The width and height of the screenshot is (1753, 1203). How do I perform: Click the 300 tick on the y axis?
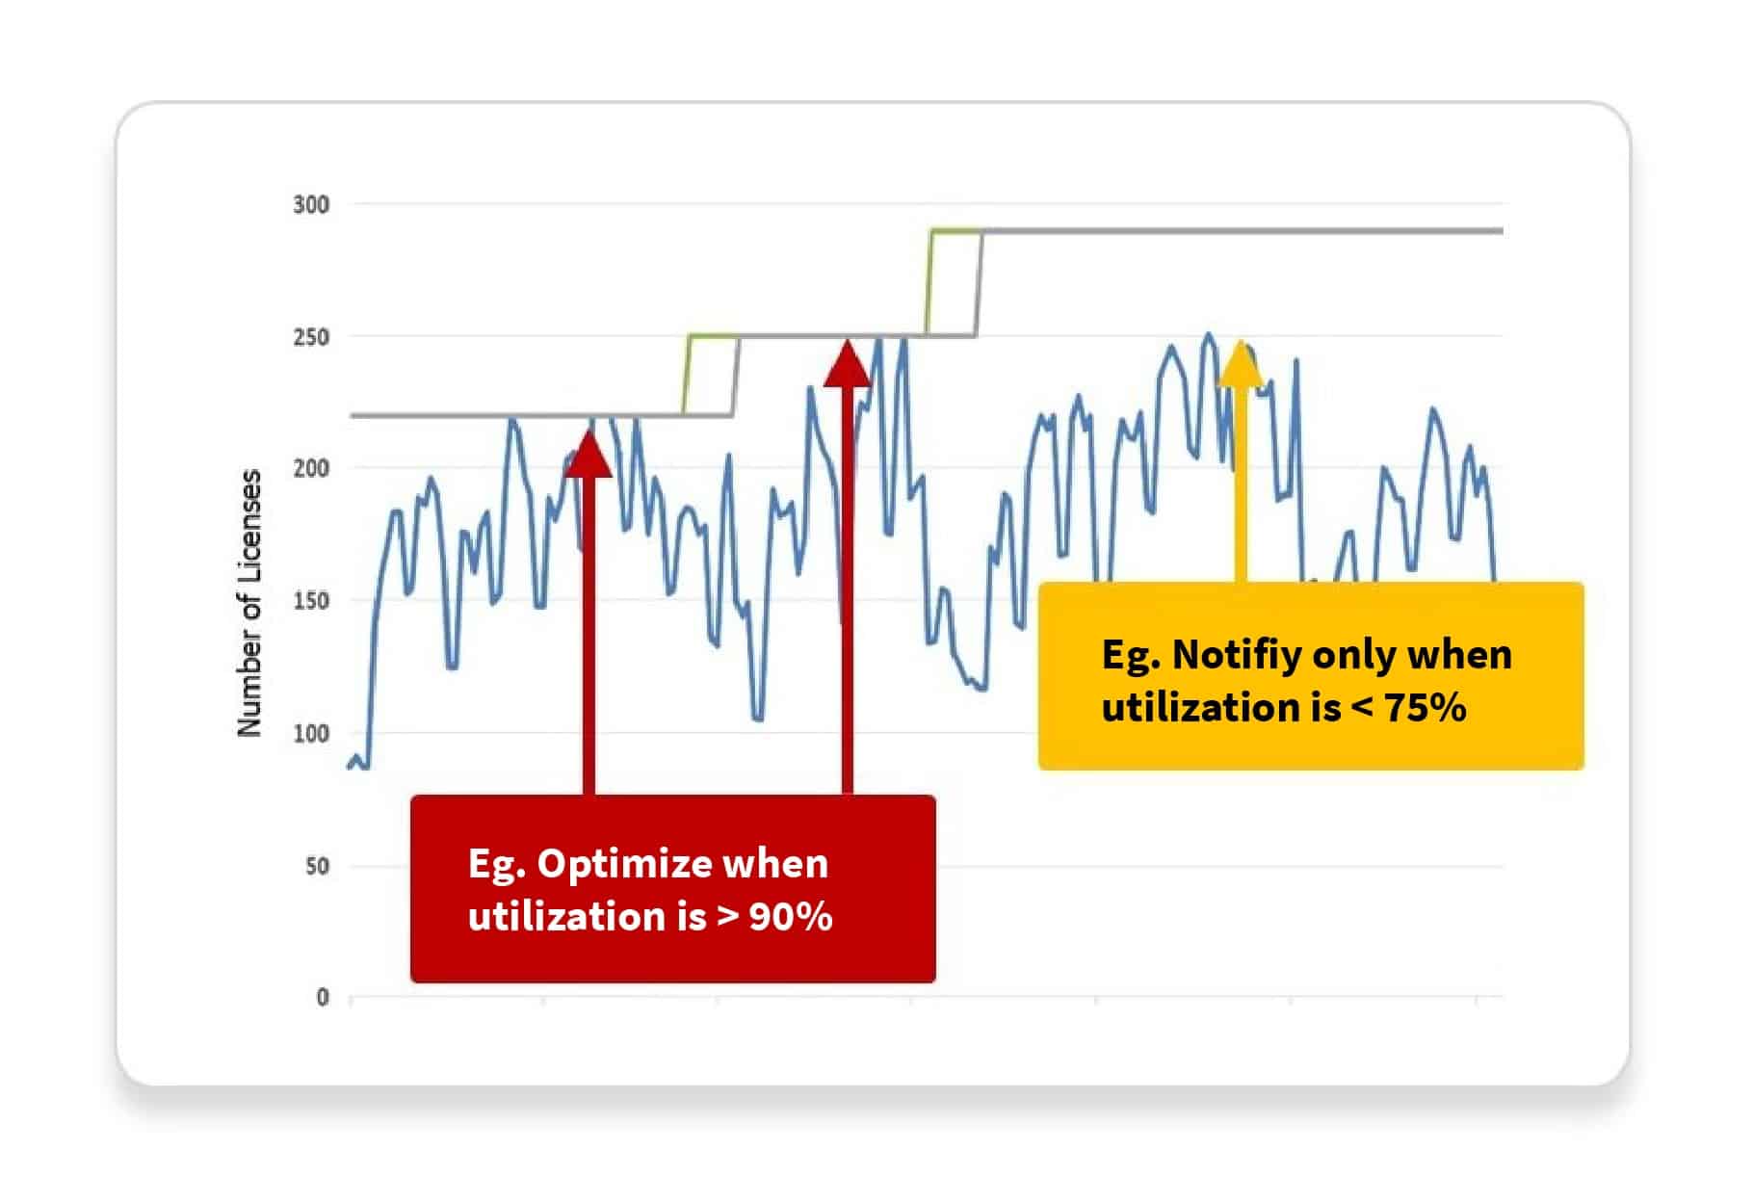pyautogui.click(x=310, y=204)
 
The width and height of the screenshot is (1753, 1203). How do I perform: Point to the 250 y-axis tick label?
pyautogui.click(x=310, y=337)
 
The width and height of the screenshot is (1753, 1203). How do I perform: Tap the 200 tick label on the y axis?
pyautogui.click(x=310, y=469)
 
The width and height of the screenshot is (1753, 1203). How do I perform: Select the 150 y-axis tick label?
pyautogui.click(x=310, y=601)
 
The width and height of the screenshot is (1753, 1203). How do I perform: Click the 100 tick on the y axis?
pyautogui.click(x=310, y=734)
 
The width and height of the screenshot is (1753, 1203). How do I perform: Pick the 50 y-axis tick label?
pyautogui.click(x=317, y=866)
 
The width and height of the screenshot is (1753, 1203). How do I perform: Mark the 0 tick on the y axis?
pyautogui.click(x=323, y=998)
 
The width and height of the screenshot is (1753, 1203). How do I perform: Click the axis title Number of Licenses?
pyautogui.click(x=249, y=604)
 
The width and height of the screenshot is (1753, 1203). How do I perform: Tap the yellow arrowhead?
pyautogui.click(x=1241, y=363)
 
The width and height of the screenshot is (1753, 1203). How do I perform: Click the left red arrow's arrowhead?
pyautogui.click(x=588, y=453)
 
